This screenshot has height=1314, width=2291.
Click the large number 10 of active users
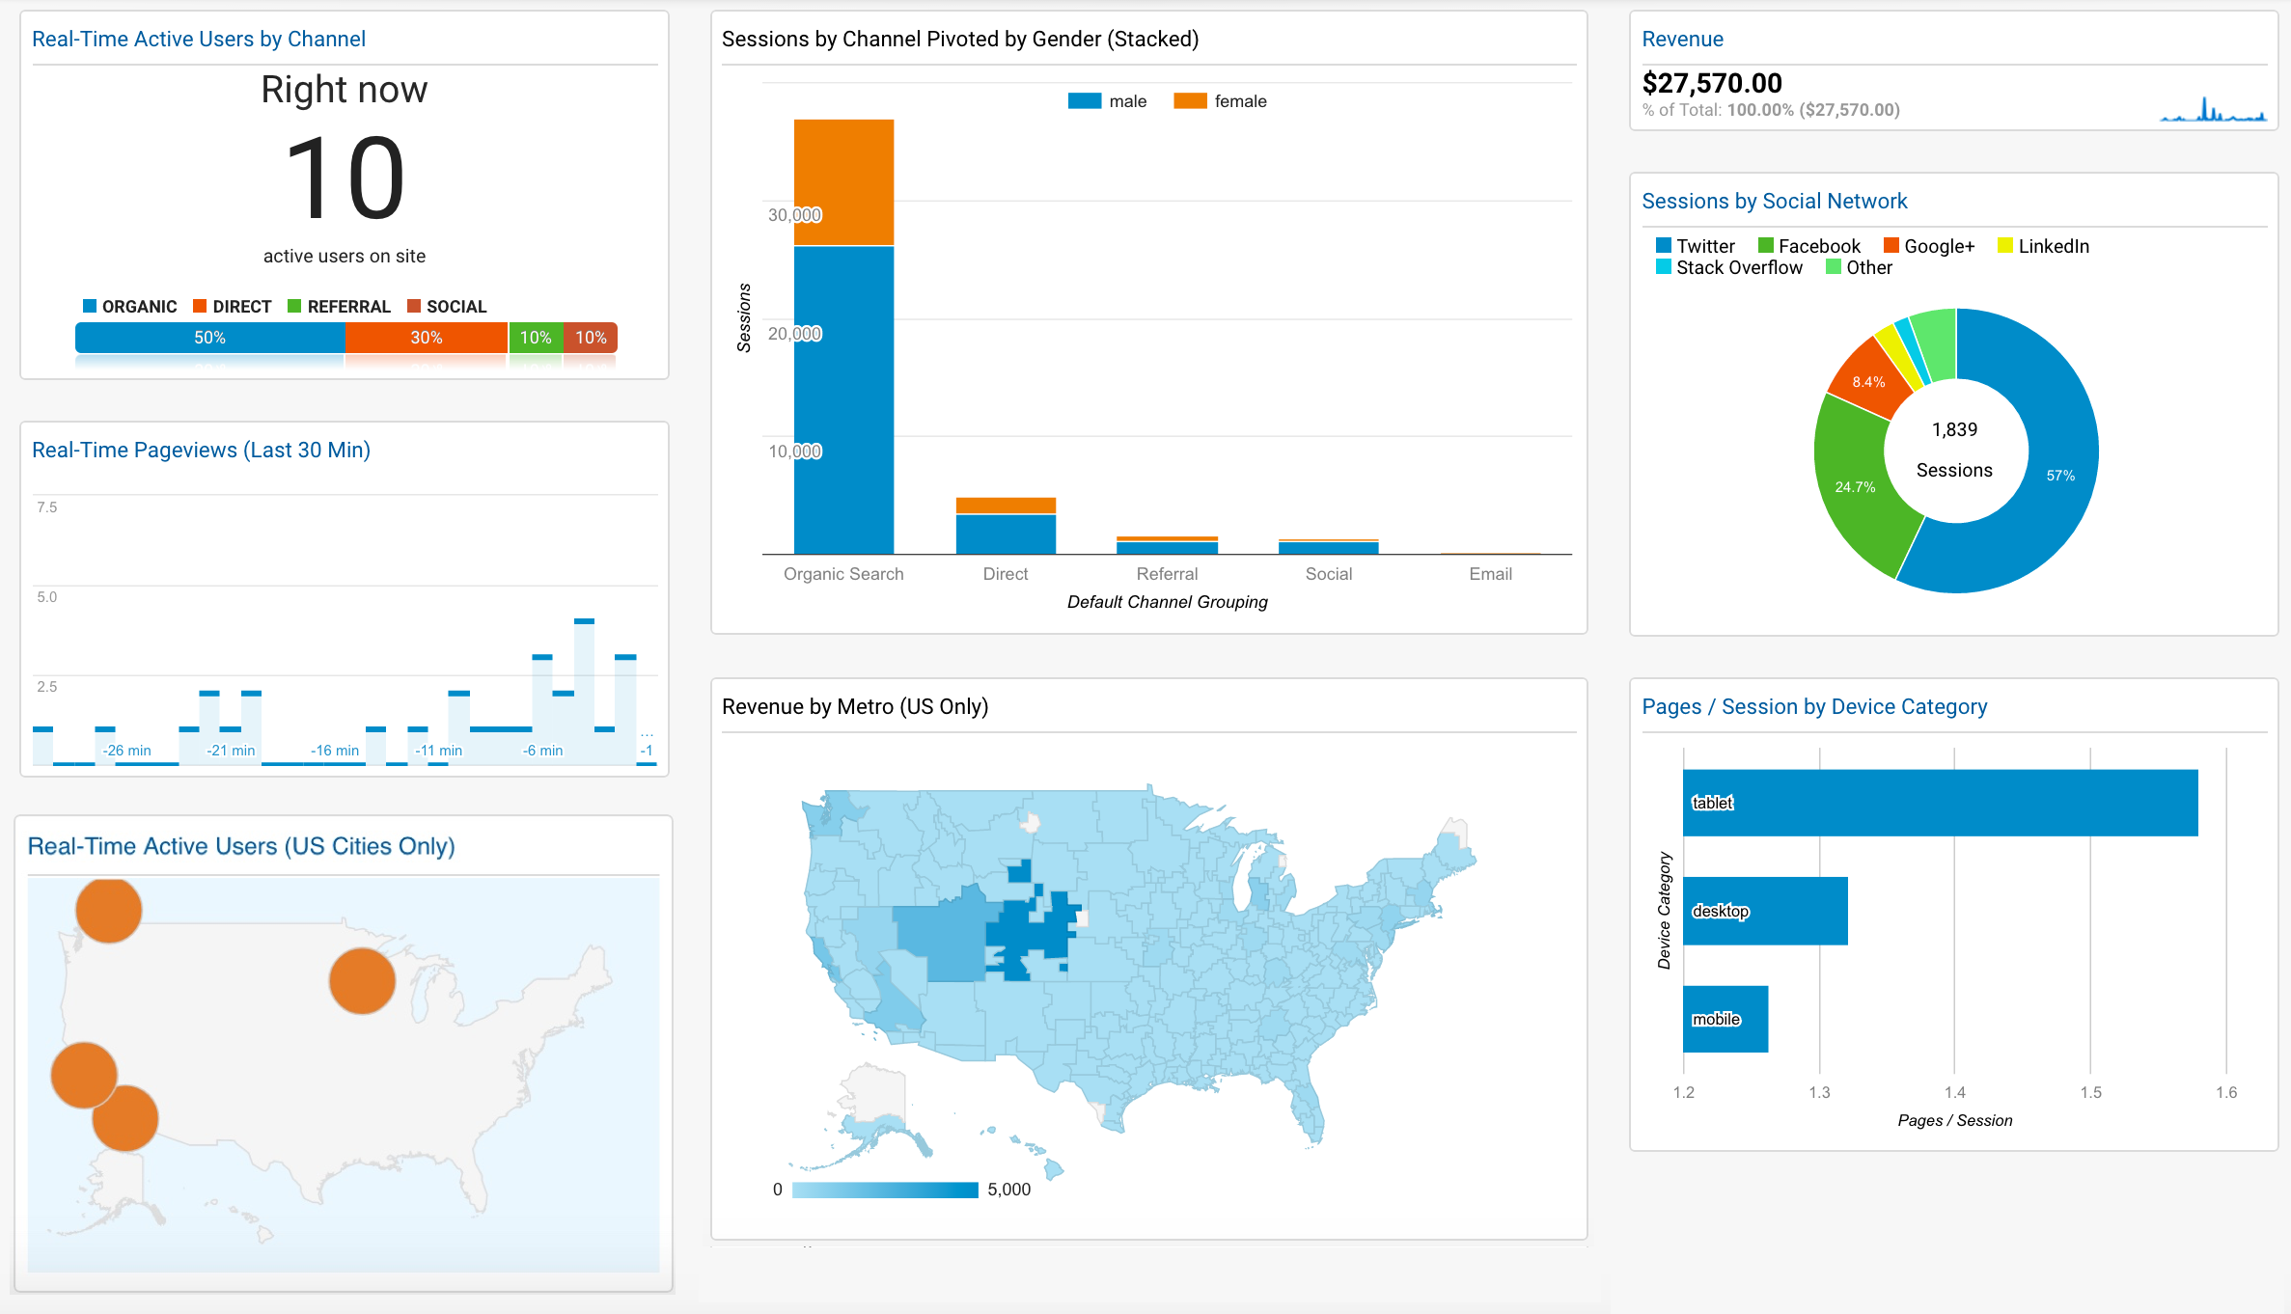pyautogui.click(x=345, y=179)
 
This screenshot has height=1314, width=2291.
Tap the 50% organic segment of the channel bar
pyautogui.click(x=209, y=338)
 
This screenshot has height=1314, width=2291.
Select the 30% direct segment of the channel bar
pyautogui.click(x=426, y=338)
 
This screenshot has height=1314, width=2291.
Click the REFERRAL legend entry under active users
pyautogui.click(x=339, y=307)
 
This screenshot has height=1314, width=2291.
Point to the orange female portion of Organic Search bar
pyautogui.click(x=843, y=182)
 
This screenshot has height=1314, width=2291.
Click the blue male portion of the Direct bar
pyautogui.click(x=1006, y=534)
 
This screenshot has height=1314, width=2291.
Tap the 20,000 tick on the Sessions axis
pyautogui.click(x=794, y=334)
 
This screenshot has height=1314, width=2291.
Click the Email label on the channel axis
pyautogui.click(x=1490, y=574)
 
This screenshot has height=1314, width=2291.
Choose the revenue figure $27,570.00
pyautogui.click(x=1712, y=83)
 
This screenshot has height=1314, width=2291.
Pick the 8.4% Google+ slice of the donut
pyautogui.click(x=1867, y=382)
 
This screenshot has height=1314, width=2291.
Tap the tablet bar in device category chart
pyautogui.click(x=1940, y=803)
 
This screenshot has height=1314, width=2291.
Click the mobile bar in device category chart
pyautogui.click(x=1725, y=1019)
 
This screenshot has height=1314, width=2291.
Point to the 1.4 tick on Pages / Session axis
pyautogui.click(x=1954, y=1092)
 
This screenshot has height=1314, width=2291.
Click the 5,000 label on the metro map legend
pyautogui.click(x=1008, y=1190)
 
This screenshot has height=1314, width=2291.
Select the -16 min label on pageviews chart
pyautogui.click(x=334, y=751)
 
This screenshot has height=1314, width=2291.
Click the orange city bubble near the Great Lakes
pyautogui.click(x=362, y=980)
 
